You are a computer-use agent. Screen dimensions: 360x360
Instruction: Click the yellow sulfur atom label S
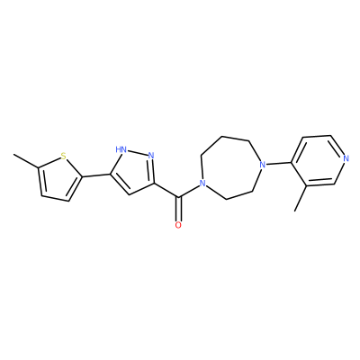coord(63,156)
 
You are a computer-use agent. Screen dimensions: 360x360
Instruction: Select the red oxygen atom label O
coord(178,225)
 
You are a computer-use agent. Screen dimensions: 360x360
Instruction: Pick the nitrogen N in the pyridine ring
coord(346,158)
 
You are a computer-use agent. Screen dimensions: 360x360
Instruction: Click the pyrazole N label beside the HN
coord(151,156)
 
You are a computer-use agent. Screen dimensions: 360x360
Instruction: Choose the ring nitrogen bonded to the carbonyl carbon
coord(203,183)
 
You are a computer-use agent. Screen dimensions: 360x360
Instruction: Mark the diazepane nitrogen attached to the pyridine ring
coord(263,165)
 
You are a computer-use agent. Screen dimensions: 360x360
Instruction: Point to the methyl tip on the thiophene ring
coord(13,155)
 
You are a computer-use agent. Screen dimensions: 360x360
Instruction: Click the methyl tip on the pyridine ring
coord(295,211)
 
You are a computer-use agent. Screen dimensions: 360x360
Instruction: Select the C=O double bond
coord(178,209)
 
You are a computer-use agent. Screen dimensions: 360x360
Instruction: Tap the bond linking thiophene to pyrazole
coord(96,175)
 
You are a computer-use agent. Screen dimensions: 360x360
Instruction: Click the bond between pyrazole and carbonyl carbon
coord(166,190)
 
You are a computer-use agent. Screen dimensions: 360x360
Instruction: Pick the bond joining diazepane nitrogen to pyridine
coord(279,164)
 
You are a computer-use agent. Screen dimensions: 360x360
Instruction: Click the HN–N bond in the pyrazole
coord(137,152)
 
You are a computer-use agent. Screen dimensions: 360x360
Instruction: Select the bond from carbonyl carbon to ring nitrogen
coord(189,192)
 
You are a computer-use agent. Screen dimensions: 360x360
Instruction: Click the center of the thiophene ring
coord(58,180)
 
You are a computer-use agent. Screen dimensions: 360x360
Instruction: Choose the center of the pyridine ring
coord(319,161)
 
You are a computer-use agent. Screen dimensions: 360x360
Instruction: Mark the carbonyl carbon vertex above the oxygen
coord(178,198)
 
